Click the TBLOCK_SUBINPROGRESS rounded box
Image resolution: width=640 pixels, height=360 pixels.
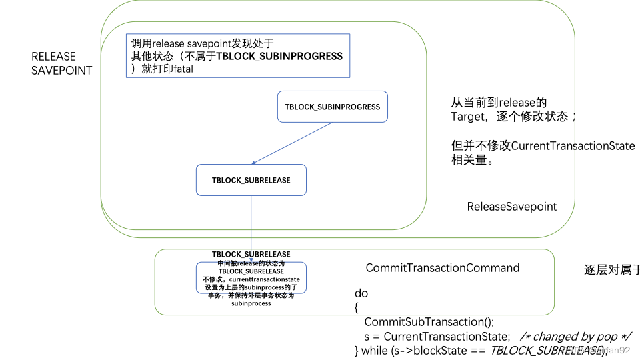tap(332, 107)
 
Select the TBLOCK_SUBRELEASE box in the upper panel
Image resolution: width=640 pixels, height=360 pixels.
tap(251, 180)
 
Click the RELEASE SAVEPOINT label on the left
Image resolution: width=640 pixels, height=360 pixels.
tap(62, 63)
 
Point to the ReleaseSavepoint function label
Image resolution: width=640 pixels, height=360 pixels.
tap(511, 207)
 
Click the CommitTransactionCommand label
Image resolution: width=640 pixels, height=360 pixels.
tap(442, 268)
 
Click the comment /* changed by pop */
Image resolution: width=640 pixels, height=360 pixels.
tap(575, 336)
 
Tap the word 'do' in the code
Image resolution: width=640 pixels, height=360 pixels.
tap(361, 293)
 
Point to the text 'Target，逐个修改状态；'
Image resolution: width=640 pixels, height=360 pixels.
tap(513, 117)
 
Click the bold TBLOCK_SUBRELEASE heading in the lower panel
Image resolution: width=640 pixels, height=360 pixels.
tap(251, 254)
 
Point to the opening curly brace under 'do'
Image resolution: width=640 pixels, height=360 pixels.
tap(357, 307)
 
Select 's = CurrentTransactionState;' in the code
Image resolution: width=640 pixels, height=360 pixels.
tap(437, 336)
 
